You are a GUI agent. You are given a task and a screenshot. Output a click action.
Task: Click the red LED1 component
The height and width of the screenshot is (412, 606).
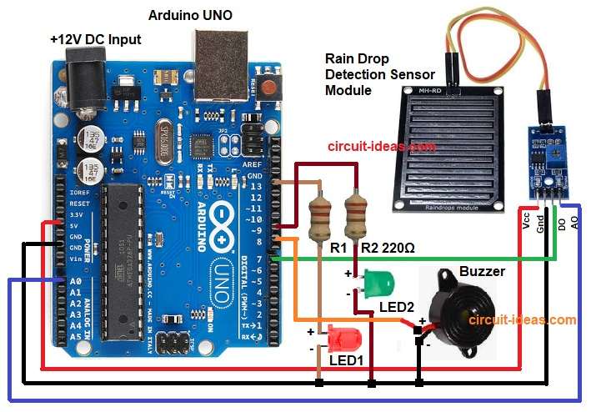(x=342, y=339)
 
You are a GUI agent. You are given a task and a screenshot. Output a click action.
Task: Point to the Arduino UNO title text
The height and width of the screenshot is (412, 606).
(x=191, y=16)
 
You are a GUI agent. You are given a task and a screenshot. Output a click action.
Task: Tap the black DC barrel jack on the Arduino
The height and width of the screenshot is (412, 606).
(x=86, y=82)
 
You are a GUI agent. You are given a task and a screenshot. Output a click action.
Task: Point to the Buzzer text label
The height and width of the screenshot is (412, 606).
(x=481, y=272)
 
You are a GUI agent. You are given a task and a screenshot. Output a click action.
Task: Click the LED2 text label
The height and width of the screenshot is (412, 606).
(x=397, y=308)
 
